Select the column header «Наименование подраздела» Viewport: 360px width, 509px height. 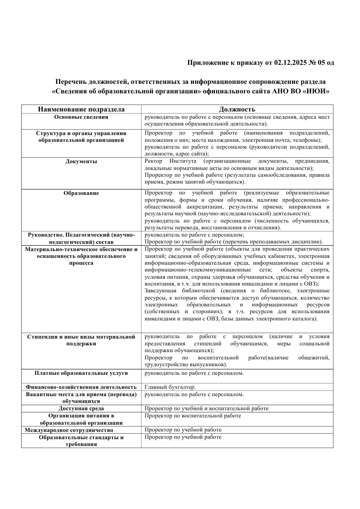click(81, 109)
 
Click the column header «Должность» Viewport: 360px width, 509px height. click(237, 109)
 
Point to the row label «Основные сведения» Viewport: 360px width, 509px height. click(81, 117)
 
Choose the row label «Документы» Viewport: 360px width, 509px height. click(81, 161)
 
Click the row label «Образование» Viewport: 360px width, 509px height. click(81, 193)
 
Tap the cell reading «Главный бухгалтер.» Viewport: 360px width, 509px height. click(170, 387)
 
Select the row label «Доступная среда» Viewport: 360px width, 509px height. click(81, 408)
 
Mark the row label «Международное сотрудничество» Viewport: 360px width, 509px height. click(69, 430)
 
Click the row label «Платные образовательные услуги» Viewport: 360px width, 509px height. click(81, 373)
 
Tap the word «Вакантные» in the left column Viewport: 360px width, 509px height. click(43, 394)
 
